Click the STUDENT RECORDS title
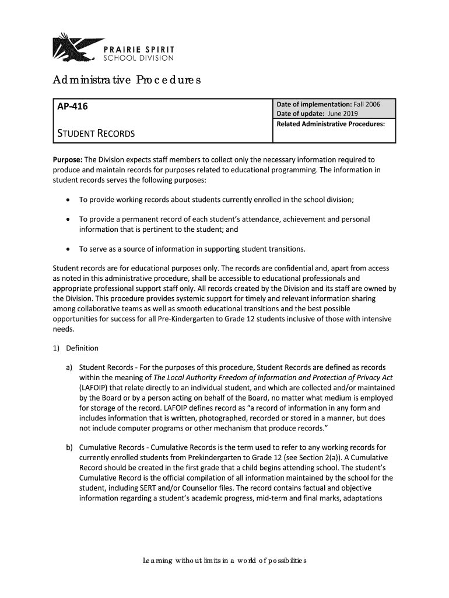pyautogui.click(x=95, y=134)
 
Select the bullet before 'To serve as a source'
pyautogui.click(x=69, y=250)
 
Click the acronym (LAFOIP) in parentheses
pyautogui.click(x=96, y=388)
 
